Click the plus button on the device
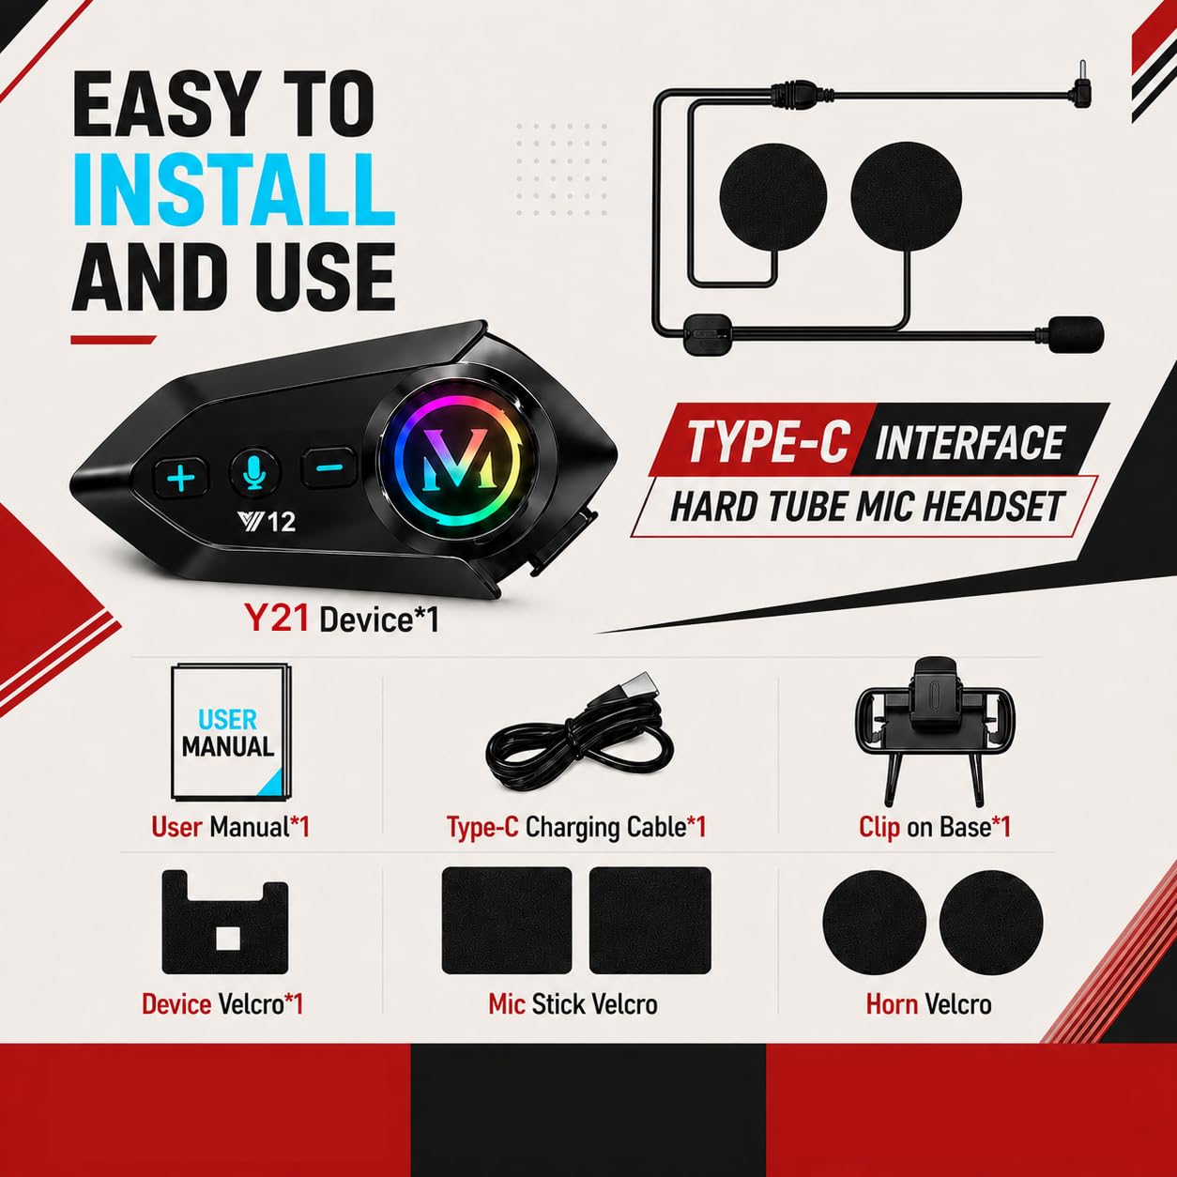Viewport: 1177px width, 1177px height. click(181, 477)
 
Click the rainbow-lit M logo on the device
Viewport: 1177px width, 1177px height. click(459, 458)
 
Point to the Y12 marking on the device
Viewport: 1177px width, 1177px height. click(267, 521)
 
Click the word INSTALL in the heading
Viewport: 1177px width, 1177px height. click(234, 190)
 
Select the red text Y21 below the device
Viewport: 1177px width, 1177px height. click(276, 618)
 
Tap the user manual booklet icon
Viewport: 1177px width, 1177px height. click(230, 732)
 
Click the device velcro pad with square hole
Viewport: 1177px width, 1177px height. click(224, 923)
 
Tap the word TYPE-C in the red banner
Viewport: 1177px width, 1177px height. click(769, 441)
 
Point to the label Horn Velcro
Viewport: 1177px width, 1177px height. click(928, 1004)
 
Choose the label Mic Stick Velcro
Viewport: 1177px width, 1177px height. click(573, 1004)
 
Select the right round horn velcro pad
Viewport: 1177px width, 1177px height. click(991, 923)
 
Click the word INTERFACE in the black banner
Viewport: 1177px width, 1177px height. click(970, 441)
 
